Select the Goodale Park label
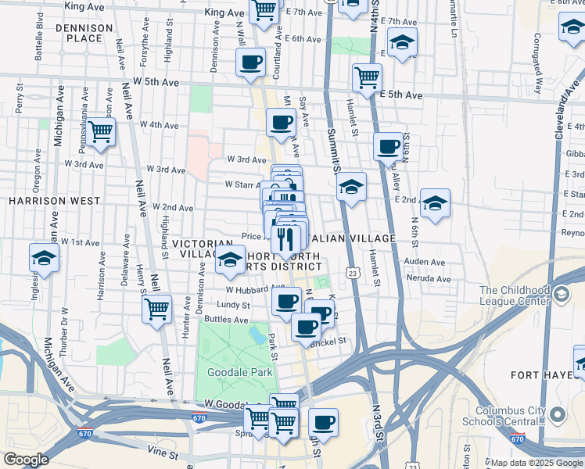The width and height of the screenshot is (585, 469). click(x=239, y=373)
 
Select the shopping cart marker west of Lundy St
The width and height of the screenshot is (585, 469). click(x=157, y=309)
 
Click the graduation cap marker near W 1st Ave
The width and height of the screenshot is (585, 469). click(x=45, y=258)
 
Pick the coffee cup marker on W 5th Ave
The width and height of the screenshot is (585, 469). click(x=250, y=63)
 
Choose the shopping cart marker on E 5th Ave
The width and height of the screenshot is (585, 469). click(x=366, y=77)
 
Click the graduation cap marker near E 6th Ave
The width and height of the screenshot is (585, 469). click(x=402, y=43)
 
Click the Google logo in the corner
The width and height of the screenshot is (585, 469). click(x=26, y=460)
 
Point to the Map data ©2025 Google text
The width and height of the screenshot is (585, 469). click(x=531, y=463)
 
